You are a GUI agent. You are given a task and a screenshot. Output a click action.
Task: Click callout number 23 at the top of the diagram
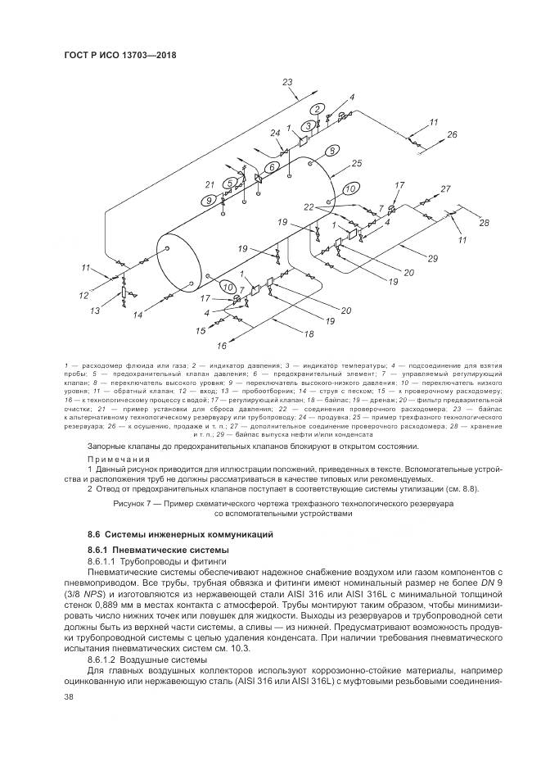[x=287, y=82]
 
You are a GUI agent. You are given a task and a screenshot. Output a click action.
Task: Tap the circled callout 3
[x=308, y=125]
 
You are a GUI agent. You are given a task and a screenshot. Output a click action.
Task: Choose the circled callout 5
[x=232, y=182]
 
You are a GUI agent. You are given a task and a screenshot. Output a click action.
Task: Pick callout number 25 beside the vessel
[x=356, y=163]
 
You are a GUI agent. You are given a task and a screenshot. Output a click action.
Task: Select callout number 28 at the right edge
[x=484, y=223]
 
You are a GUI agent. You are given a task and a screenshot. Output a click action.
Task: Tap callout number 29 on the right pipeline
[x=433, y=259]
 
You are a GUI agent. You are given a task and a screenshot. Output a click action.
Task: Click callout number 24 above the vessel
[x=275, y=133]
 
